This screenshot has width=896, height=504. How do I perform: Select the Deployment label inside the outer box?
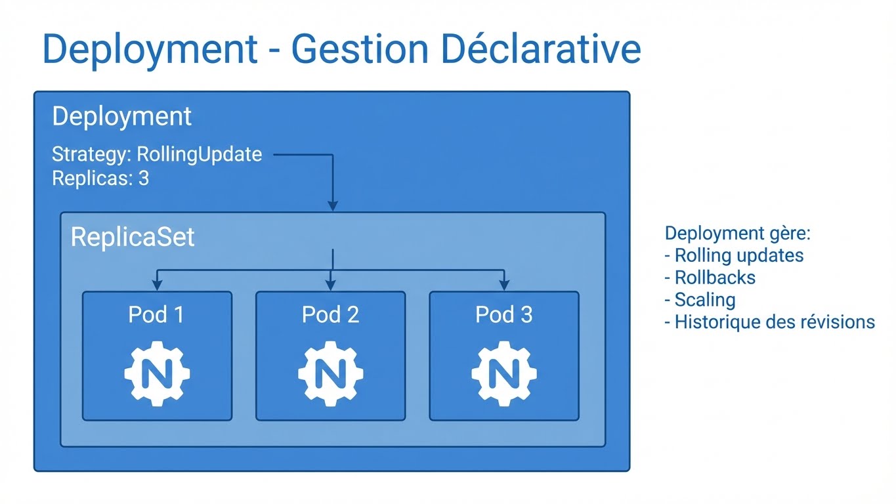[121, 117]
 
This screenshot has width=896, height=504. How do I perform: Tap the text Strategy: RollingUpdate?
[157, 155]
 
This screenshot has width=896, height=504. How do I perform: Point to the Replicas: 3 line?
[100, 178]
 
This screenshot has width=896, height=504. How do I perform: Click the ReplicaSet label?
[133, 237]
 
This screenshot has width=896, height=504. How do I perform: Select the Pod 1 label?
[156, 315]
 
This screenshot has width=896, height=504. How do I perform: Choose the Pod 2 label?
[330, 315]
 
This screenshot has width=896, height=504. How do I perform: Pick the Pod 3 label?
[503, 315]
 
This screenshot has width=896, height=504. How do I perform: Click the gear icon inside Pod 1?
[157, 373]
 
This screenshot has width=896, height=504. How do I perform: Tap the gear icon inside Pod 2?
[330, 373]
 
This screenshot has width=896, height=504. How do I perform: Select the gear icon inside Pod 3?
[503, 373]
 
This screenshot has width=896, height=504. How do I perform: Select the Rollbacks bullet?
[710, 278]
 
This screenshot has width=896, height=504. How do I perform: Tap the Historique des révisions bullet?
[769, 322]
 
